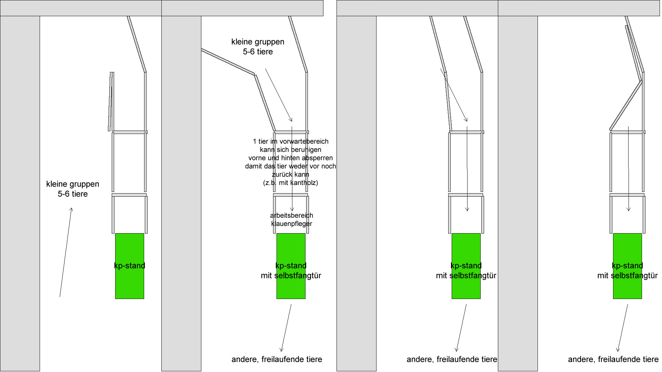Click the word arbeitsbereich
[291, 216]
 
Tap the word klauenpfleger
[291, 224]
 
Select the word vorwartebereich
[304, 142]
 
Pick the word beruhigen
[306, 150]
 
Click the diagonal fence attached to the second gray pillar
[228, 62]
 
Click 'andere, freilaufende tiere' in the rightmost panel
[613, 360]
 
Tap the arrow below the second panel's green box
[286, 328]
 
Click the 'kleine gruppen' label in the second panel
[258, 42]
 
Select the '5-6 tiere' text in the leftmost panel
[72, 194]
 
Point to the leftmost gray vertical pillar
[20, 193]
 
